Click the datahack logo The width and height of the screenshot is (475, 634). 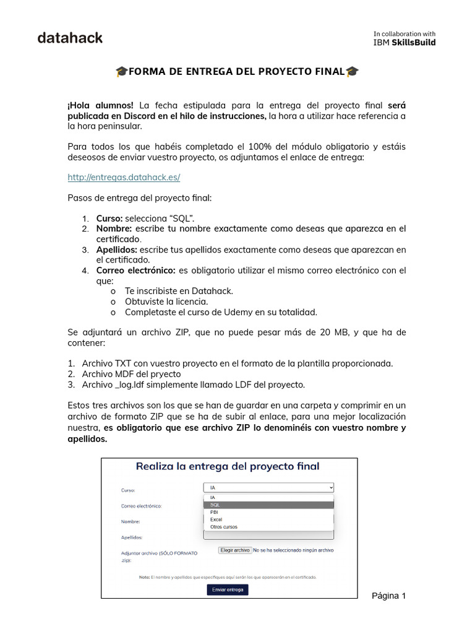(70, 38)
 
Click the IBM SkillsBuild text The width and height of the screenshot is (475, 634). (404, 42)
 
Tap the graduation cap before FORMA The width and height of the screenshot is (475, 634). (121, 72)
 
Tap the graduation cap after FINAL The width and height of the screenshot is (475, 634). (352, 72)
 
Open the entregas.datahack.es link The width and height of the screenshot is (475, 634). (124, 177)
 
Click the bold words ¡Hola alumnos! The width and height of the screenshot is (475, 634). (100, 105)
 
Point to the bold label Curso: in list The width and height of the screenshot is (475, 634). (109, 218)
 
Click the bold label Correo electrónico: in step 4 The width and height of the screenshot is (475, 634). (135, 271)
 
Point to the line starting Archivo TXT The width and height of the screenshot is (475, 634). (237, 363)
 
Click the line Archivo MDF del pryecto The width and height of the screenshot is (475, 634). (131, 374)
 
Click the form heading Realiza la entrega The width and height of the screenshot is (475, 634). (228, 466)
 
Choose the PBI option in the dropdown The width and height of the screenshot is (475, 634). (214, 512)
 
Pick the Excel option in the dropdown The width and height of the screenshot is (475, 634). (216, 519)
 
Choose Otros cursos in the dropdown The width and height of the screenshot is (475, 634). (223, 527)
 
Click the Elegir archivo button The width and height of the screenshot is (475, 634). (234, 550)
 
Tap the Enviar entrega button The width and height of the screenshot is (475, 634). (228, 589)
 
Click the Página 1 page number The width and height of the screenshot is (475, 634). (388, 596)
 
